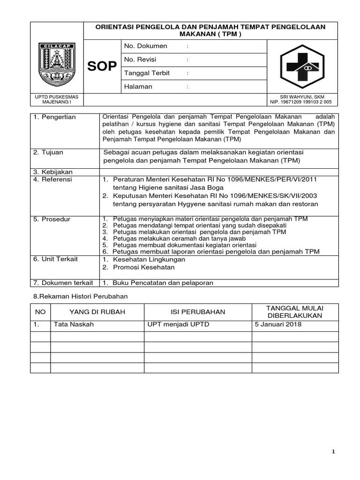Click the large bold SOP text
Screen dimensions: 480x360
pyautogui.click(x=102, y=67)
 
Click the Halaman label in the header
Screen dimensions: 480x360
pyautogui.click(x=138, y=87)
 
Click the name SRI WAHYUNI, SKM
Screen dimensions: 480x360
pyautogui.click(x=302, y=97)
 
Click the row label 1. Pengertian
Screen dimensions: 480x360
pyautogui.click(x=54, y=117)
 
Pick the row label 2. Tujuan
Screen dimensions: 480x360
pyautogui.click(x=48, y=152)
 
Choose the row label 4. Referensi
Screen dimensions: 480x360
pyautogui.click(x=52, y=179)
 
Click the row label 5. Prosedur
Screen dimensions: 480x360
pyautogui.click(x=52, y=219)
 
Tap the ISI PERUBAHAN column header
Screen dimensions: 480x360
pyautogui.click(x=198, y=312)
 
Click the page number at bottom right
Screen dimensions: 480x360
pyautogui.click(x=333, y=451)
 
